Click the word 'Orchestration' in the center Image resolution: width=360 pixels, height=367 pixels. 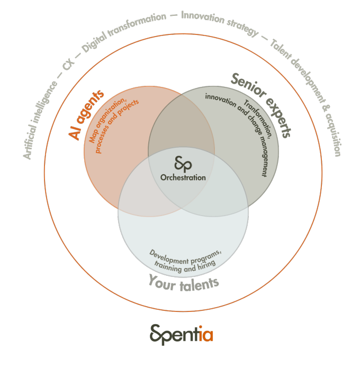click(183, 177)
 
